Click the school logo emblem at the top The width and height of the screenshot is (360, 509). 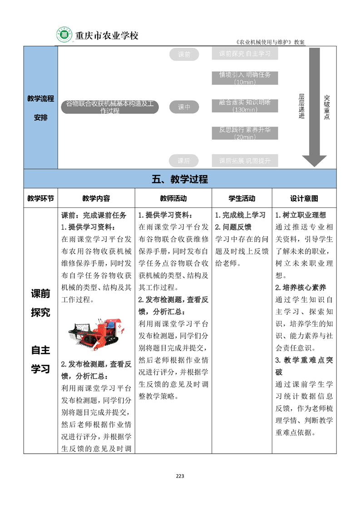(x=64, y=35)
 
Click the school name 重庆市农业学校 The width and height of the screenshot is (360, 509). (x=106, y=35)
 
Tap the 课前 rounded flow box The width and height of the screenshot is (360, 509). (x=184, y=55)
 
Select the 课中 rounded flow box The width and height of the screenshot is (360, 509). (x=184, y=107)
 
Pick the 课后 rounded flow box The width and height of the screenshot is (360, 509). (x=184, y=161)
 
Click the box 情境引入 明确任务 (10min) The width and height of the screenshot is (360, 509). (x=245, y=78)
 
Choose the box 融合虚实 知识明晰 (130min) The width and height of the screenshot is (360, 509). (x=245, y=106)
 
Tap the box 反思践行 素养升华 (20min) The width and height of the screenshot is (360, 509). (x=245, y=133)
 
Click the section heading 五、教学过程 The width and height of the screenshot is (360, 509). (x=180, y=179)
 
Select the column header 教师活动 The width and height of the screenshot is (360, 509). (x=173, y=199)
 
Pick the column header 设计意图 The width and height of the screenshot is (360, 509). (x=304, y=199)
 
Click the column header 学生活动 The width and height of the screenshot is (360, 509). (x=242, y=199)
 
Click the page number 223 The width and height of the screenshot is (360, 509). (x=180, y=476)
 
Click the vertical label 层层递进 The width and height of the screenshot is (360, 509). (x=301, y=107)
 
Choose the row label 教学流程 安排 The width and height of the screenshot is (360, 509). (x=40, y=108)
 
